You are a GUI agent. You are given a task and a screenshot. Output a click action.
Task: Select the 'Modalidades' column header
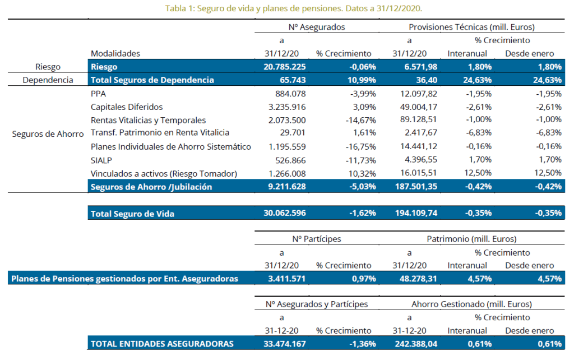click(115, 53)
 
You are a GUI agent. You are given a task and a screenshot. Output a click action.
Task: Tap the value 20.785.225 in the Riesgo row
click(285, 67)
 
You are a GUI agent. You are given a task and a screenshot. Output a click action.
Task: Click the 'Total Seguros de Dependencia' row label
click(152, 80)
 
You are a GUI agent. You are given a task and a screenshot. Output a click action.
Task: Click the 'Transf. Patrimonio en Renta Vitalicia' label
click(160, 133)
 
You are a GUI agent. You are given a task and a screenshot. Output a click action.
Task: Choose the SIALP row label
click(101, 160)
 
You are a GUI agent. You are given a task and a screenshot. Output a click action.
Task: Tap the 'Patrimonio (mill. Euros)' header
click(471, 239)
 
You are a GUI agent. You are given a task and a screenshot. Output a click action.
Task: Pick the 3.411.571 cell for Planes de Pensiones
click(285, 279)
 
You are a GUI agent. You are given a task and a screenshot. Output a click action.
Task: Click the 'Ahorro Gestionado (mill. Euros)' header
click(471, 304)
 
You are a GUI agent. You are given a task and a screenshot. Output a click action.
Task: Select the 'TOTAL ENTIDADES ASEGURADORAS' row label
click(162, 344)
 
